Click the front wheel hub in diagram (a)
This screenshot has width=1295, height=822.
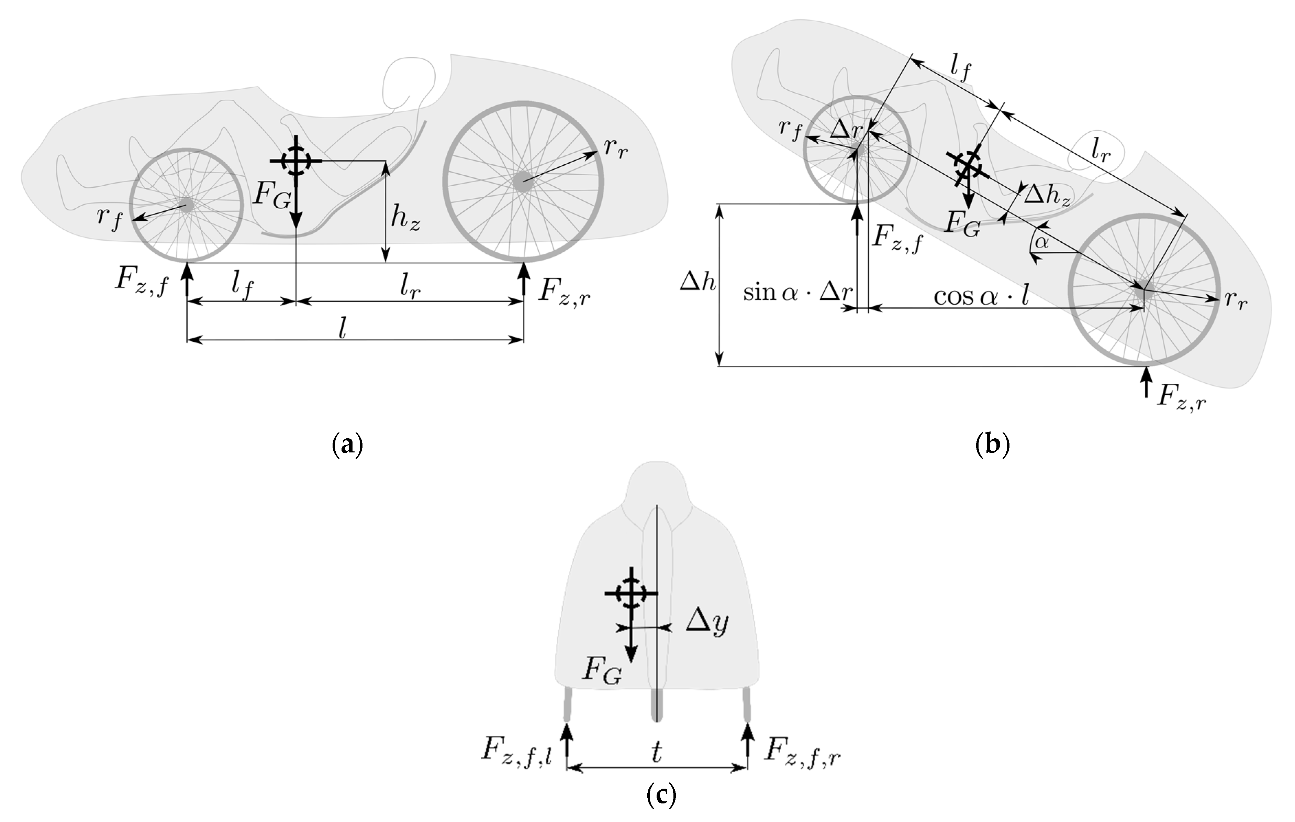tap(187, 205)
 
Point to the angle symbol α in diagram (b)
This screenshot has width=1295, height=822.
tap(1042, 243)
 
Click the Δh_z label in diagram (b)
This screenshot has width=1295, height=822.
tap(1046, 195)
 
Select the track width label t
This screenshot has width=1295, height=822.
tap(657, 753)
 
